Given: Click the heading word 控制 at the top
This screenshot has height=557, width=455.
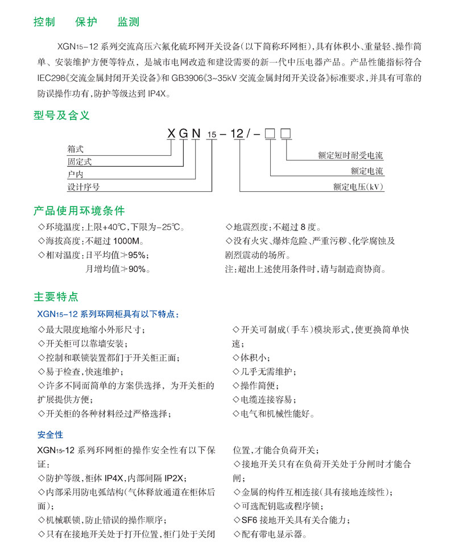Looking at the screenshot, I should pyautogui.click(x=44, y=22).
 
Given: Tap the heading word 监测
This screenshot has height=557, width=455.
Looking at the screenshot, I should pyautogui.click(x=129, y=22).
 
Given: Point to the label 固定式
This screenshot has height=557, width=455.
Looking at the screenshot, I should pyautogui.click(x=80, y=162).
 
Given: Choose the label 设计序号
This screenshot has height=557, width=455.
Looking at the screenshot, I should pyautogui.click(x=84, y=186).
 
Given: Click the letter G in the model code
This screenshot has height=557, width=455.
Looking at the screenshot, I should pyautogui.click(x=183, y=134).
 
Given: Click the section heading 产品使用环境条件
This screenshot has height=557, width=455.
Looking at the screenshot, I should pyautogui.click(x=78, y=211).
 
